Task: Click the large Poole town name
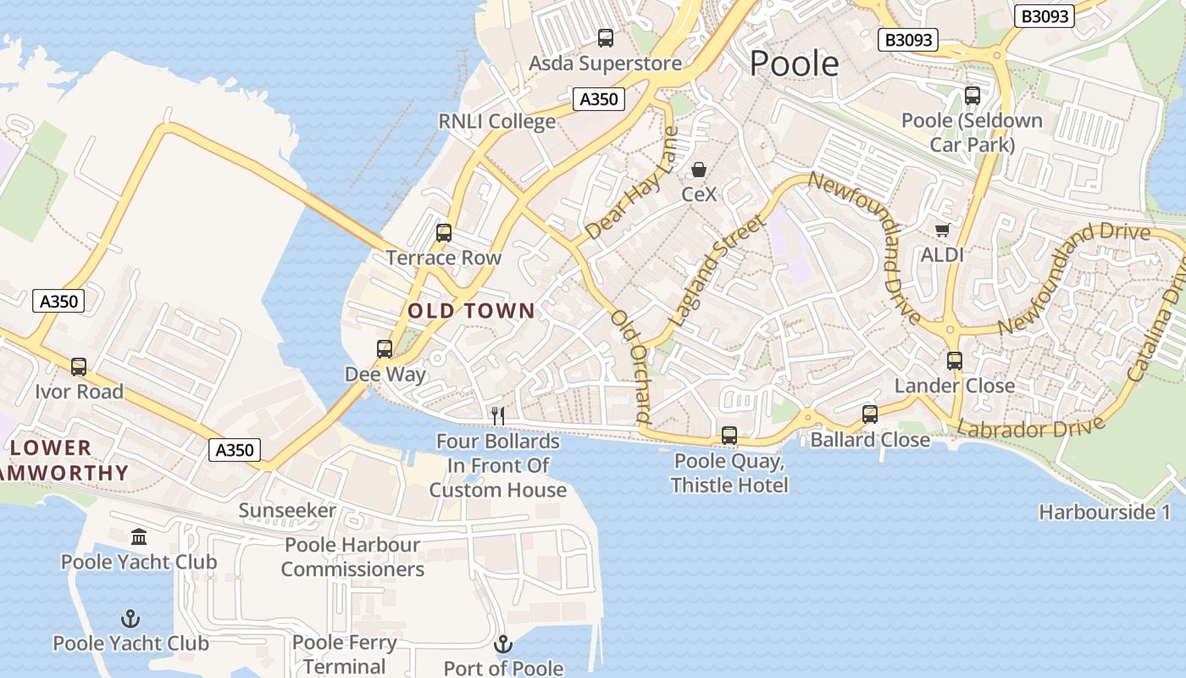click(x=794, y=64)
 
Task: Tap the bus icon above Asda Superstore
click(x=605, y=38)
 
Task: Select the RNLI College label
click(x=496, y=121)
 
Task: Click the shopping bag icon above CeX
click(x=699, y=169)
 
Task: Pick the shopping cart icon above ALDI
click(x=942, y=230)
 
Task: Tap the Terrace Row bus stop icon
click(x=443, y=233)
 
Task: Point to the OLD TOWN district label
click(x=471, y=311)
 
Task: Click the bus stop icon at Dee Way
click(x=385, y=349)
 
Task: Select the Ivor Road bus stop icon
click(x=79, y=367)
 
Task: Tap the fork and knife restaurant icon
click(x=498, y=415)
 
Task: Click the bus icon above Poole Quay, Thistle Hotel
click(x=729, y=436)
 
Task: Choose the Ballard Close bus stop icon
click(x=870, y=414)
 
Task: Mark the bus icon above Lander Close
click(x=955, y=361)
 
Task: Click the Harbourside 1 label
click(x=1105, y=512)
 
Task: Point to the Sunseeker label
click(x=287, y=510)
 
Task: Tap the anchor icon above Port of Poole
click(x=503, y=644)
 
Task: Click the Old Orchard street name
click(x=629, y=366)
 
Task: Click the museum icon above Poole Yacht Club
click(x=139, y=537)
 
